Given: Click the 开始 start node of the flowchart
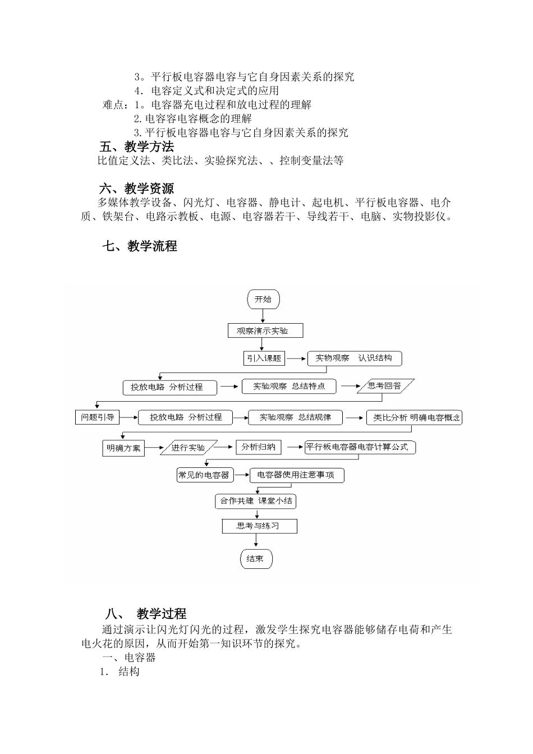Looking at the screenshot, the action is click(263, 299).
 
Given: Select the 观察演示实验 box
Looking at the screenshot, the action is click(265, 330).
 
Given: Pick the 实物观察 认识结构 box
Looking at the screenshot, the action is click(354, 358).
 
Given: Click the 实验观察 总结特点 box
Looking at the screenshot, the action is click(289, 386).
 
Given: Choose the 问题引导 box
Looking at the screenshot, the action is click(98, 417).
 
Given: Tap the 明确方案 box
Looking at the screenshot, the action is click(123, 448).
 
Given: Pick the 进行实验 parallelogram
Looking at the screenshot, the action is click(189, 448).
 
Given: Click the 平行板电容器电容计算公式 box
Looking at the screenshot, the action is click(360, 447).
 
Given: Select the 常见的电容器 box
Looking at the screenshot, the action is click(204, 475).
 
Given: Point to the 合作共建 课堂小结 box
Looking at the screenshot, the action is click(256, 500).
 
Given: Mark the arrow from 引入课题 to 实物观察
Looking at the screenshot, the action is click(296, 358).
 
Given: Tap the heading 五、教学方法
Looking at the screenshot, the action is click(137, 147).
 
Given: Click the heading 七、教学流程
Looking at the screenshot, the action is click(140, 246).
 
